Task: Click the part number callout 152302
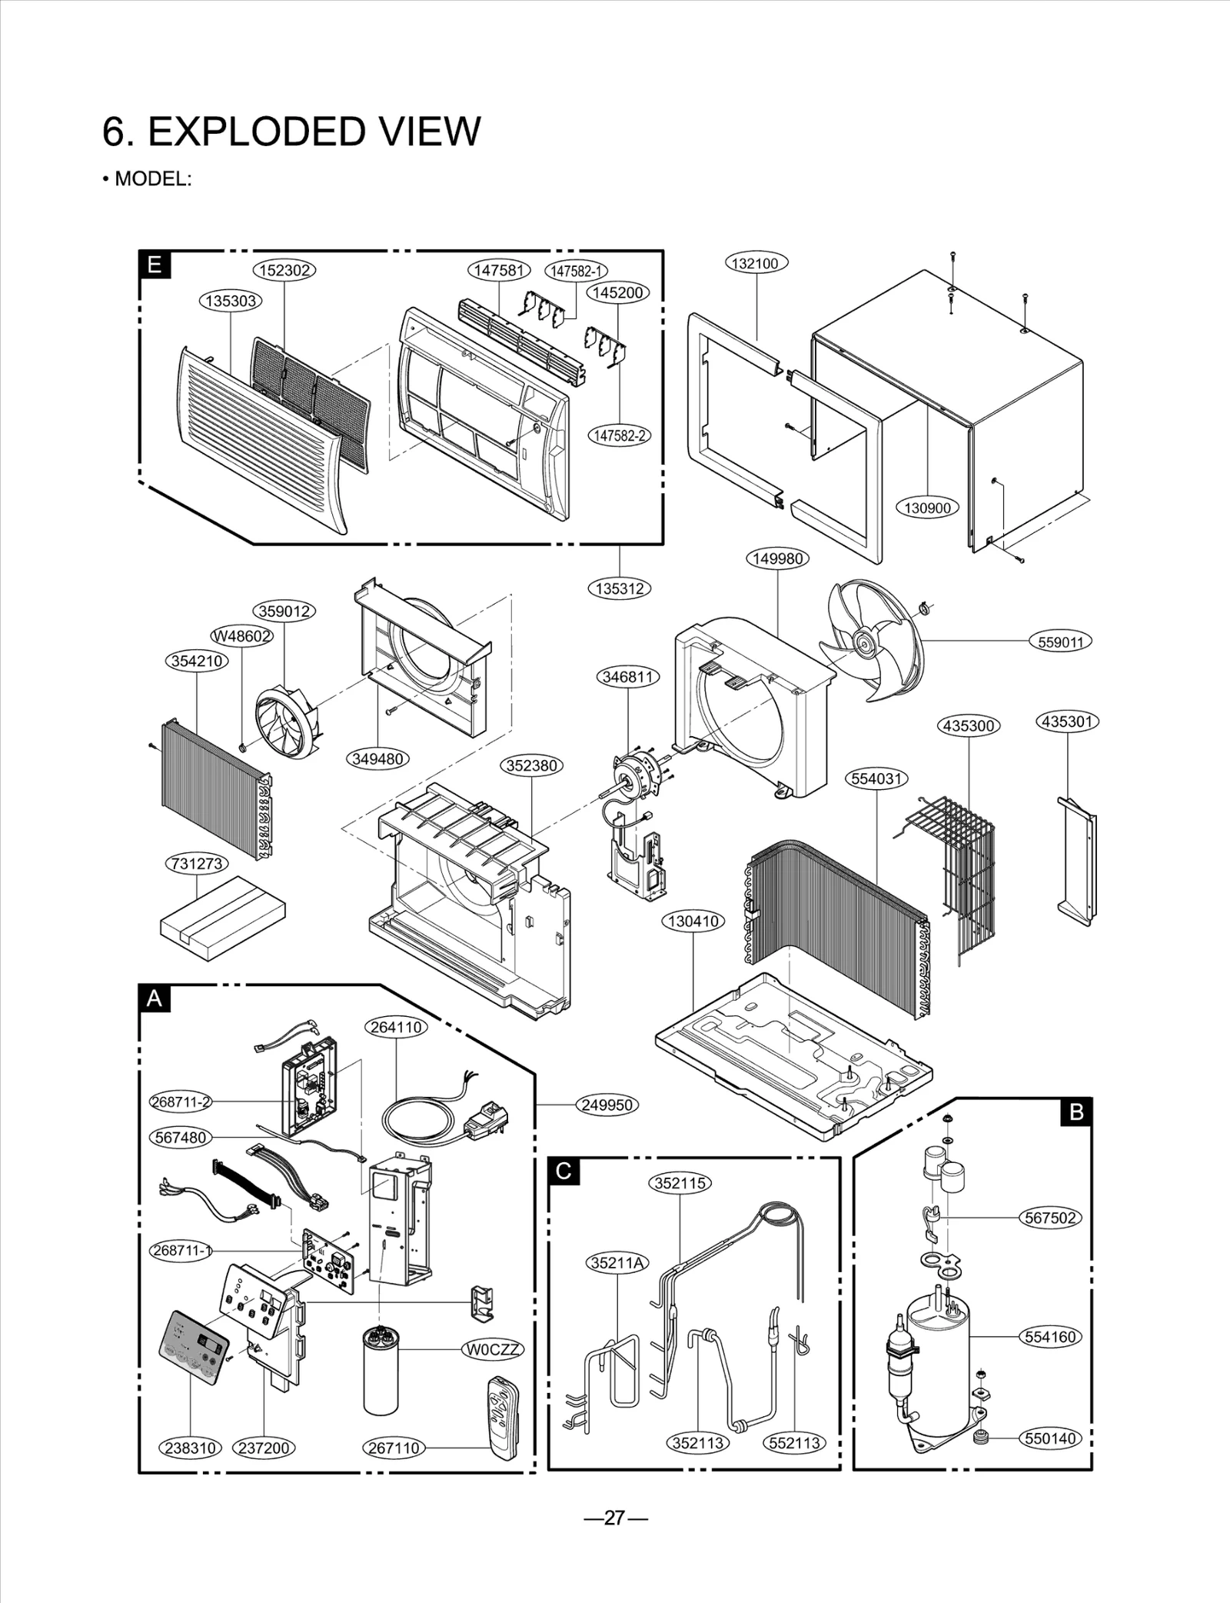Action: [284, 270]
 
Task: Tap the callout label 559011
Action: [1060, 642]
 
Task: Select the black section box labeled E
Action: [155, 265]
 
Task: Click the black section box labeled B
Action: [1075, 1111]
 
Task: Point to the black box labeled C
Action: [563, 1171]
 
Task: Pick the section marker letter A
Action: [155, 998]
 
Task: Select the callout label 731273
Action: [197, 864]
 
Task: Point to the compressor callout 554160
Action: [1050, 1337]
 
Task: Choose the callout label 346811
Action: [628, 677]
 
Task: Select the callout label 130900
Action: [927, 508]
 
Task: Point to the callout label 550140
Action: [1050, 1438]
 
